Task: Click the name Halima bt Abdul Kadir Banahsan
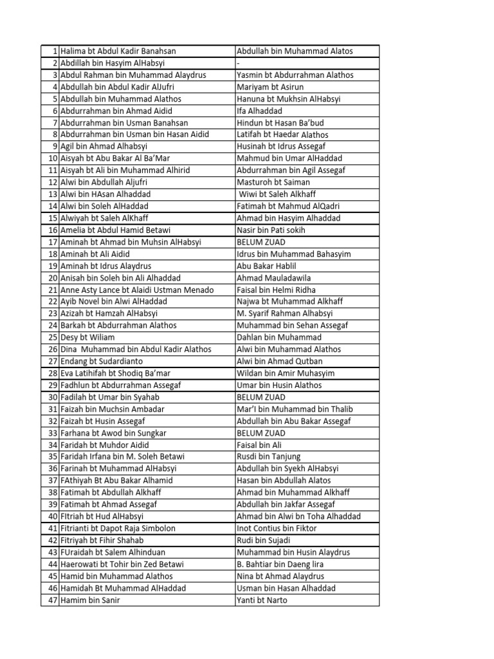point(118,51)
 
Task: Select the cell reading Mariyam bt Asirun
point(270,87)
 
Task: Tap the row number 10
point(53,158)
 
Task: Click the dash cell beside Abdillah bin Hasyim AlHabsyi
point(239,63)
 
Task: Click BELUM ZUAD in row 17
point(261,242)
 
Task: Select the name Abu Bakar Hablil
point(266,266)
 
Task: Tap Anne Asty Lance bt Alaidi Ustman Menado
point(137,290)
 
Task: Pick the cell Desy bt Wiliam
point(87,337)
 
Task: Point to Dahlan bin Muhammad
point(279,337)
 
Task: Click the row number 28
point(53,373)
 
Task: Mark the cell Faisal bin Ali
point(259,445)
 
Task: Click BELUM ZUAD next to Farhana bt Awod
point(261,432)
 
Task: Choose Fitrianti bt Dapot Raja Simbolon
point(118,528)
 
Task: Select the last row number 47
point(53,600)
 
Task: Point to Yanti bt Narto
point(262,600)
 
